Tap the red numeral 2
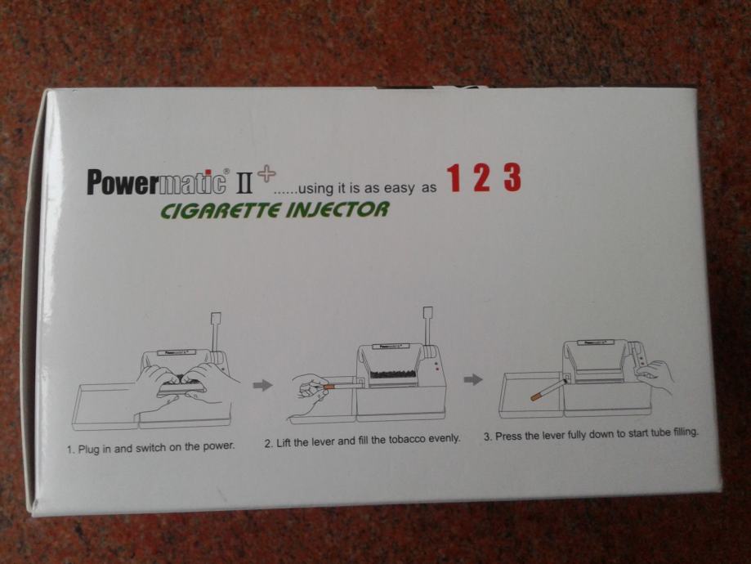click(x=482, y=177)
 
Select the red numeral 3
click(x=512, y=177)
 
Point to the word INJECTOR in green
click(x=338, y=209)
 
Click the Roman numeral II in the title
click(x=244, y=184)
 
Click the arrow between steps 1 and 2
click(x=262, y=385)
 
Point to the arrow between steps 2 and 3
click(x=473, y=380)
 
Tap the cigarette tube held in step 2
click(x=341, y=384)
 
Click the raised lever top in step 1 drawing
click(x=216, y=319)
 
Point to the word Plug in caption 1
click(x=87, y=449)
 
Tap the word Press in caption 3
click(x=508, y=436)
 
